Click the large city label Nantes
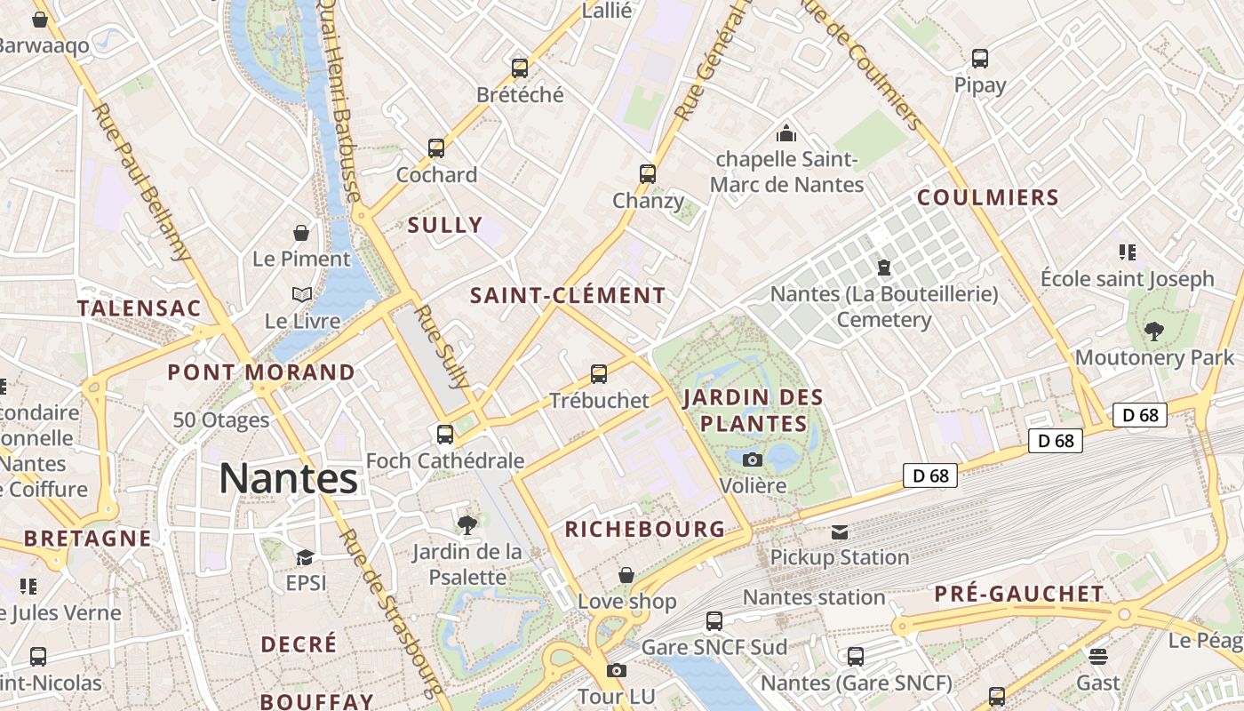(x=289, y=479)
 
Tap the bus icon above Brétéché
(x=520, y=68)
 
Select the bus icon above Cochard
(x=436, y=148)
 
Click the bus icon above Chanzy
(x=648, y=173)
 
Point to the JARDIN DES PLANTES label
(x=754, y=410)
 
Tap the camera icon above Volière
(x=753, y=459)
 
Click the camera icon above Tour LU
(x=617, y=670)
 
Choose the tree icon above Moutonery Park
(x=1154, y=332)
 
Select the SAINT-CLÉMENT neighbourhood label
(x=568, y=296)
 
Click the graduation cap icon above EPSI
(x=306, y=557)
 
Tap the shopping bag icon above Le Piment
(x=302, y=233)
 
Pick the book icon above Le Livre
(x=302, y=294)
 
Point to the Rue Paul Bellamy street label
(x=142, y=183)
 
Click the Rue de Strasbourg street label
(x=390, y=612)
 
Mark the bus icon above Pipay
(x=980, y=59)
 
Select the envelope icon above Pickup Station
(x=840, y=532)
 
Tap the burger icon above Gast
(x=1099, y=657)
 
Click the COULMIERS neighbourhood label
(x=988, y=197)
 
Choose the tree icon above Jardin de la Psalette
(x=467, y=524)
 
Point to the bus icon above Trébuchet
(x=599, y=373)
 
